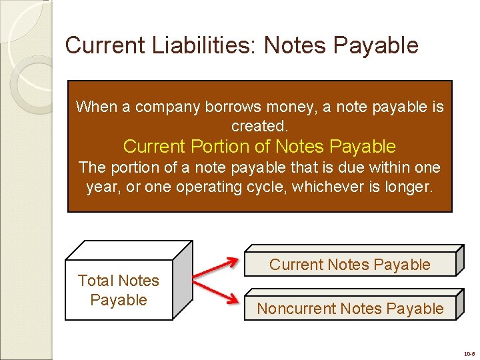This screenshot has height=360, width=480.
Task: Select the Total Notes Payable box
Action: point(119,290)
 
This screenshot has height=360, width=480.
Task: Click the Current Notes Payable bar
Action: point(350,265)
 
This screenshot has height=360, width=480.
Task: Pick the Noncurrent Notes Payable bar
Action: point(350,309)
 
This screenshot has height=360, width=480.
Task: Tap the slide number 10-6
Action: point(469,353)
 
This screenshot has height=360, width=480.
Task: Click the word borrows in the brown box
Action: point(217,107)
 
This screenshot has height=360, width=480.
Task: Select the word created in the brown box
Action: point(257,126)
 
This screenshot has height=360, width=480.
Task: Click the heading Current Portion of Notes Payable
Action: point(259,146)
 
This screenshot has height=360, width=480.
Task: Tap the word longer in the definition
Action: point(409,187)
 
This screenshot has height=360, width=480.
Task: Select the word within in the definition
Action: point(387,167)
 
